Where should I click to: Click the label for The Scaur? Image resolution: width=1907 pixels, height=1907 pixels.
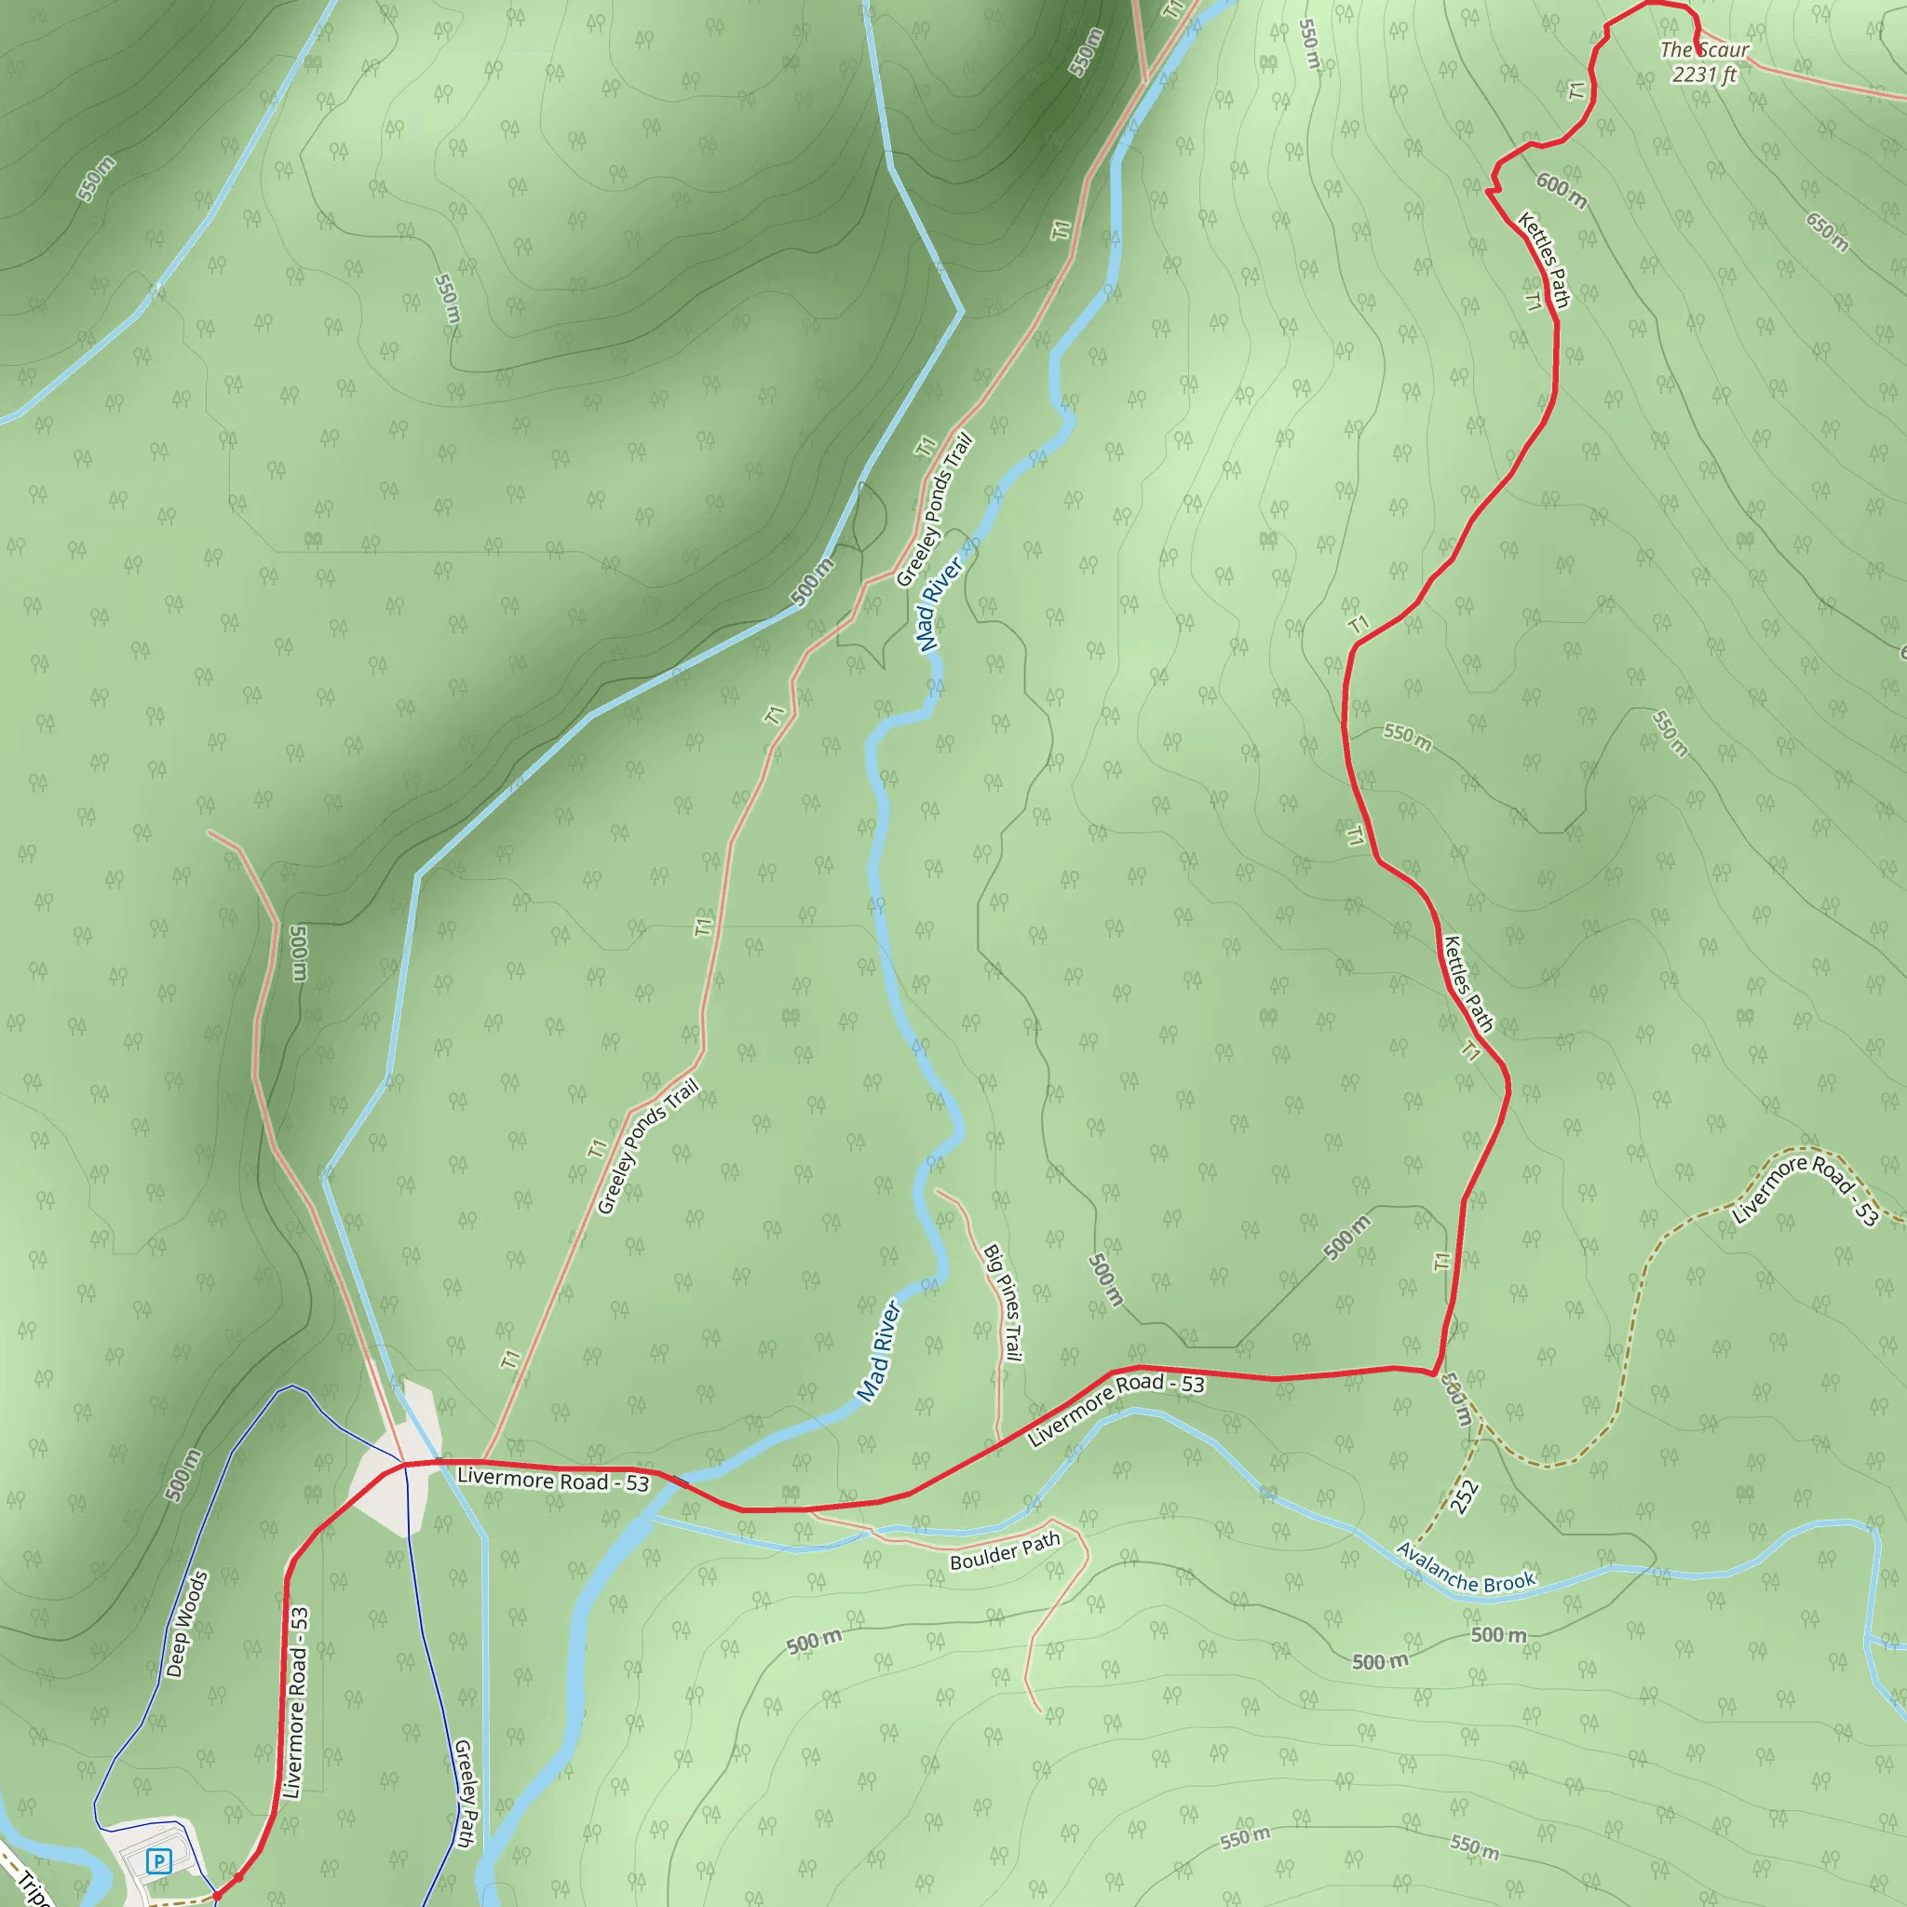[1705, 49]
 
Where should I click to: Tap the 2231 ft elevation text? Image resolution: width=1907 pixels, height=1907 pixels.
[1704, 74]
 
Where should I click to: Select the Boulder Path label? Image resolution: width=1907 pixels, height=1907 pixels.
[1005, 1550]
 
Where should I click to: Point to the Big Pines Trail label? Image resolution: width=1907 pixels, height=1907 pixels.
[1002, 1302]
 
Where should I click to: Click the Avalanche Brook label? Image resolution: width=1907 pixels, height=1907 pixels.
[1466, 1568]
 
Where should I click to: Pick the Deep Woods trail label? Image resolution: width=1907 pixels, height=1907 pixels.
[186, 1624]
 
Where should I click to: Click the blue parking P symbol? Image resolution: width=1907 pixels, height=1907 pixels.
[158, 1861]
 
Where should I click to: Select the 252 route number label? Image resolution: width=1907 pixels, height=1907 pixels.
[1465, 1496]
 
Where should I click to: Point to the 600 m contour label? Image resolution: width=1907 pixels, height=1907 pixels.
[1562, 191]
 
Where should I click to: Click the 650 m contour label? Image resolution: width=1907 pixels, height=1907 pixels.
[1827, 232]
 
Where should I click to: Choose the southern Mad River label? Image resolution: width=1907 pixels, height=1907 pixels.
[877, 1350]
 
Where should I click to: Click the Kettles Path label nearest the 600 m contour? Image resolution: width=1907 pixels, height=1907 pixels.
[1544, 259]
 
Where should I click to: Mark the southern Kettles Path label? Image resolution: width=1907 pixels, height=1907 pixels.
[1467, 983]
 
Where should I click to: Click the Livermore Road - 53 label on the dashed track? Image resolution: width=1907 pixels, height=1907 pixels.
[1806, 1188]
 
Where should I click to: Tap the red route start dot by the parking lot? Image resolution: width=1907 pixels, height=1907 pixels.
[217, 1895]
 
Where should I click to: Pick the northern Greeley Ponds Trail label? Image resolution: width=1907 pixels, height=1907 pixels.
[934, 510]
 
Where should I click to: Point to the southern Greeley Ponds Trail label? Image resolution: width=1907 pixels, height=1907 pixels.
[647, 1146]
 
